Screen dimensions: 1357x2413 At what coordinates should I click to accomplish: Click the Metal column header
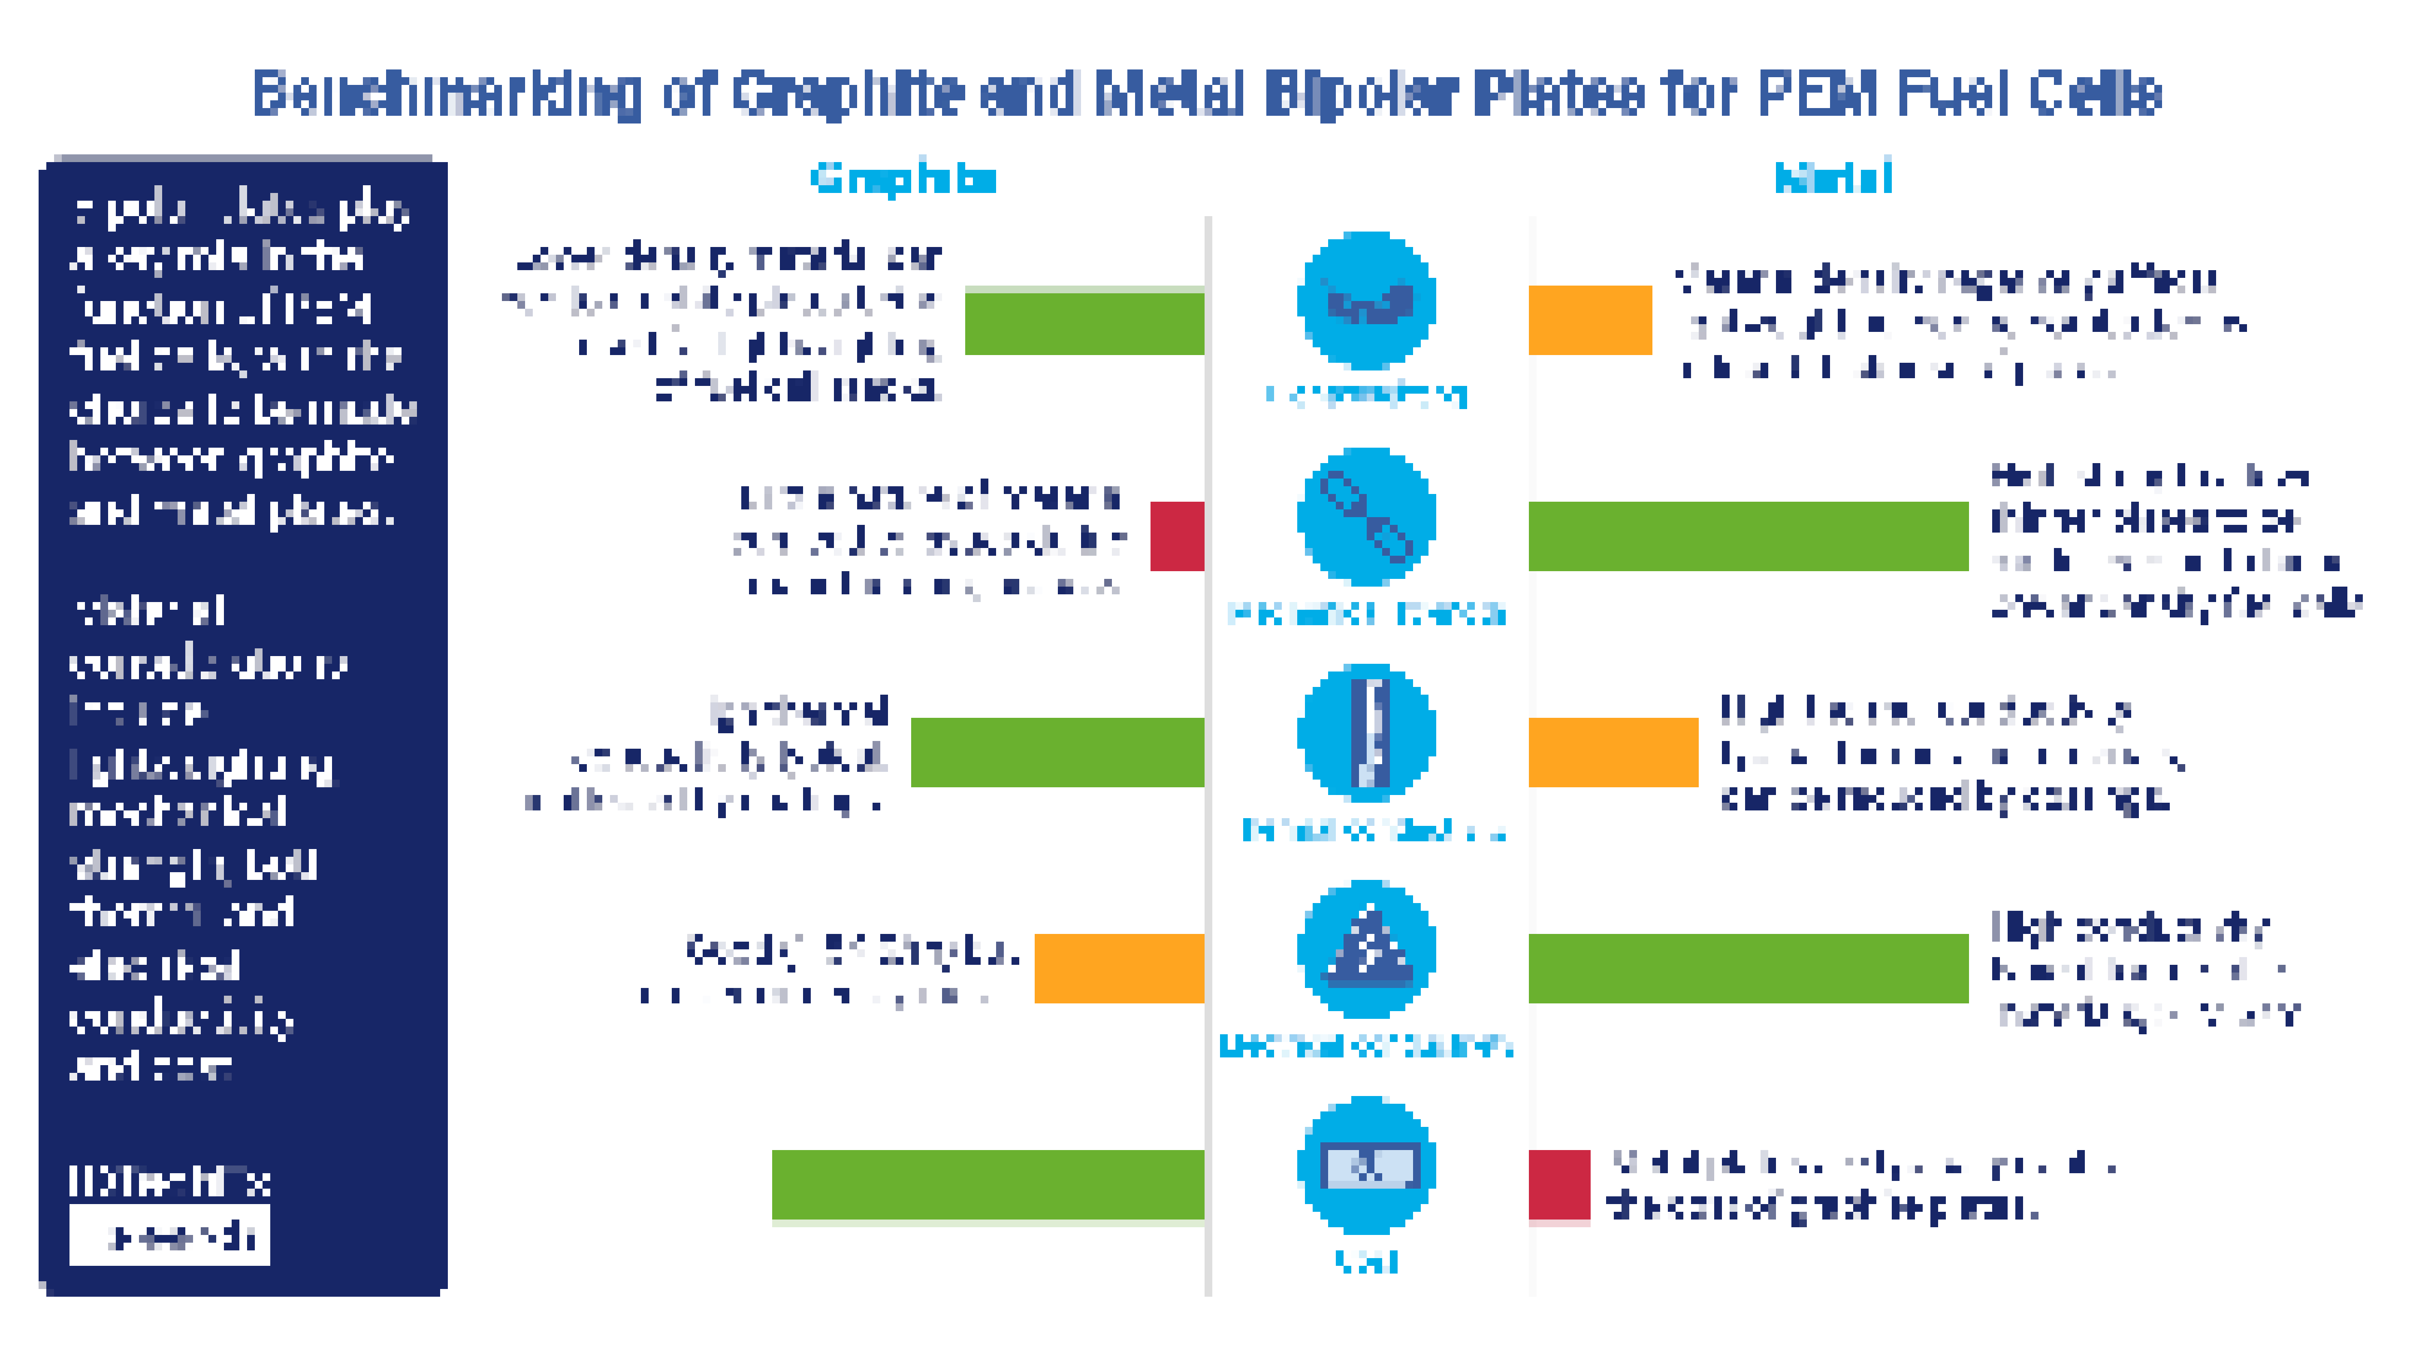click(x=1833, y=178)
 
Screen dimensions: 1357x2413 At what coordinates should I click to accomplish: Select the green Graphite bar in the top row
click(x=1084, y=323)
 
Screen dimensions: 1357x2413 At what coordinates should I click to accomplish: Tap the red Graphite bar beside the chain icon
click(x=1177, y=536)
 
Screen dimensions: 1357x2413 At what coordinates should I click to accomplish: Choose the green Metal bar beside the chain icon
click(x=1748, y=536)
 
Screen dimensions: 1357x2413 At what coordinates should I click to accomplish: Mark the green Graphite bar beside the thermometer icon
click(x=1056, y=752)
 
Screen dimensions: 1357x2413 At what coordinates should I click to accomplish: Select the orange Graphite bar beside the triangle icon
click(x=1119, y=968)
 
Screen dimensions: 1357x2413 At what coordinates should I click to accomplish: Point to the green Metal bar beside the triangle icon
click(x=1748, y=968)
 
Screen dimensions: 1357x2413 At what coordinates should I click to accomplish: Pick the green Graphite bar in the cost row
click(x=987, y=1185)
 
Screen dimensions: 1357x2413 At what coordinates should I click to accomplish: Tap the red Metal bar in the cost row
click(x=1559, y=1185)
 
